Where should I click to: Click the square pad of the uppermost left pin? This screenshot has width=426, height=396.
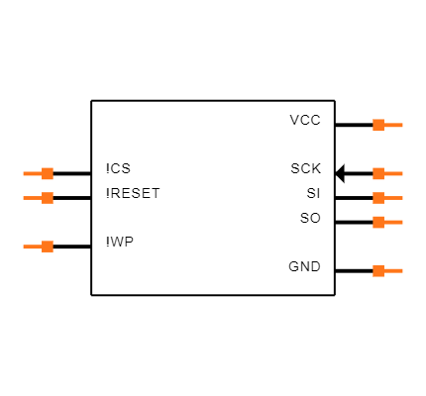pos(48,173)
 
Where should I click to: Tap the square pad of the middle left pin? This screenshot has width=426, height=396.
pos(48,198)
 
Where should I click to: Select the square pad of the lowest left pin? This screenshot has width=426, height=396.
pos(48,247)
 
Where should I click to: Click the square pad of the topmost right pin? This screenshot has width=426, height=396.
pos(378,125)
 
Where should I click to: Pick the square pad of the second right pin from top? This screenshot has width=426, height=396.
pos(378,173)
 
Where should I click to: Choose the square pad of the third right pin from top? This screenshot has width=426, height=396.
pos(378,198)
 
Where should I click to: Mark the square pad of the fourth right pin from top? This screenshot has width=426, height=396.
pos(378,222)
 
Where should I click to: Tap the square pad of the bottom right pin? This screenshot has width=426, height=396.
pos(378,270)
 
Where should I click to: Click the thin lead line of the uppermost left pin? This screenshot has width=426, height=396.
pos(32,173)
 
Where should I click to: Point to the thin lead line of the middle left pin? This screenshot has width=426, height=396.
pos(32,198)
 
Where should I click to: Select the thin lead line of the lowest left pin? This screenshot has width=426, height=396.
pos(32,247)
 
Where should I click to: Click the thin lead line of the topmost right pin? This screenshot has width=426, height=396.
pos(393,125)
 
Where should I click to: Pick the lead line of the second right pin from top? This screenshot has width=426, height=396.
pos(393,173)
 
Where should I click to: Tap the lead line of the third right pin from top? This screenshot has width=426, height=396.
pos(393,198)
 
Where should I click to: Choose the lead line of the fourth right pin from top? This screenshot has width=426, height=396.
pos(393,222)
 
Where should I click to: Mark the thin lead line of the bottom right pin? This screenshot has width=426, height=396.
pos(393,270)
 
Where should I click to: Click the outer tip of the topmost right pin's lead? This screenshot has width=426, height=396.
pos(401,125)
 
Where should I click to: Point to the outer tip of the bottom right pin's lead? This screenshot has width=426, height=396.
pos(401,270)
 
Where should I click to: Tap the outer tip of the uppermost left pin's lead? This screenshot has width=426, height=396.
pos(24,173)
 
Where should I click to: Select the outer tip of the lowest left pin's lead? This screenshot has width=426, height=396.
pos(24,247)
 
